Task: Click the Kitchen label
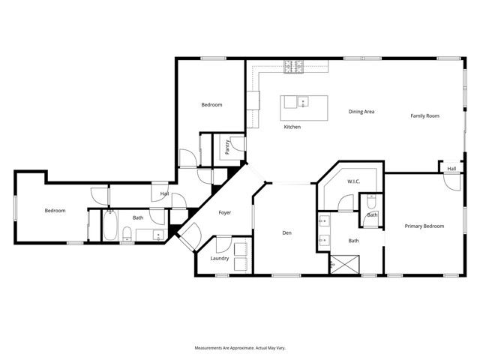(x=292, y=127)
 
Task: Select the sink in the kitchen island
(x=304, y=101)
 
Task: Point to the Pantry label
(x=226, y=146)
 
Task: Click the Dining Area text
(x=361, y=112)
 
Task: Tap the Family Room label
(x=424, y=115)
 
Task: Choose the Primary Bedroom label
(x=424, y=226)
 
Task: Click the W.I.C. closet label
(x=355, y=181)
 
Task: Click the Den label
(x=286, y=233)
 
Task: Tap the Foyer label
(x=224, y=213)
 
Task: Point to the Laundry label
(x=220, y=258)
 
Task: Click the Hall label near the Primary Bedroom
(x=451, y=169)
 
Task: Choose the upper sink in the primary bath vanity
(x=323, y=221)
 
